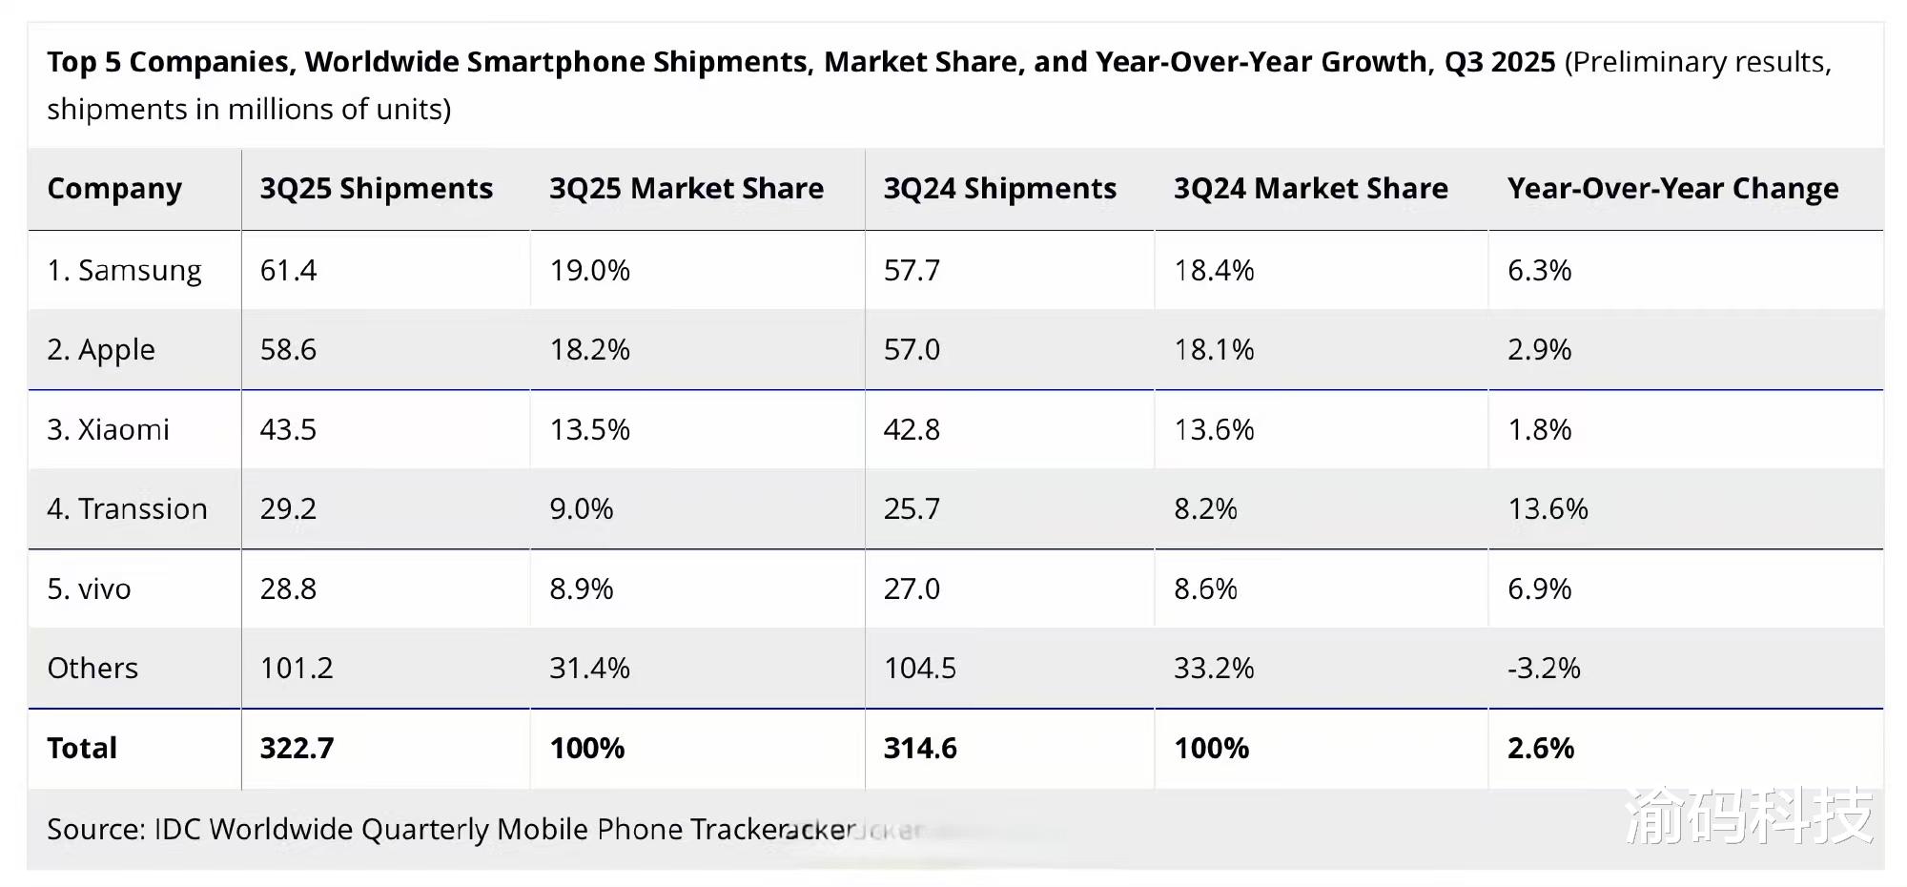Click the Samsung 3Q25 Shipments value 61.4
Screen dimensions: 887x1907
pyautogui.click(x=288, y=271)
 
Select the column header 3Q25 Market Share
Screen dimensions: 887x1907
pyautogui.click(x=686, y=189)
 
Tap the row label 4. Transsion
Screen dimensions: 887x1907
pyautogui.click(x=127, y=509)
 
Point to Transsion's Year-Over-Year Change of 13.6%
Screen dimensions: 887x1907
pyautogui.click(x=1547, y=509)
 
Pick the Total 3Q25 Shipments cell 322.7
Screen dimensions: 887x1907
pyautogui.click(x=297, y=748)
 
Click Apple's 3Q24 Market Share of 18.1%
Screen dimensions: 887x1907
pyautogui.click(x=1213, y=350)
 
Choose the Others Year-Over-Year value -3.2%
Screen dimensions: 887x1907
pyautogui.click(x=1543, y=668)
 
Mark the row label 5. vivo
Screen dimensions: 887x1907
pyautogui.click(x=89, y=589)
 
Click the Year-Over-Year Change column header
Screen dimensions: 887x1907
pyautogui.click(x=1672, y=189)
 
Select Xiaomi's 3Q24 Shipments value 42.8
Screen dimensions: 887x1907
pyautogui.click(x=911, y=430)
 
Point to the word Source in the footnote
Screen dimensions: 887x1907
pyautogui.click(x=94, y=829)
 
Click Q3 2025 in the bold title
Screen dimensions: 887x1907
pyautogui.click(x=1499, y=62)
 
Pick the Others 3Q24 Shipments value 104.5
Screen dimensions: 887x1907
pyautogui.click(x=919, y=668)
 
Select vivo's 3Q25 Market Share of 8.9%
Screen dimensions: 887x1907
pyautogui.click(x=581, y=589)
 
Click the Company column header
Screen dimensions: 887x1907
pyautogui.click(x=114, y=189)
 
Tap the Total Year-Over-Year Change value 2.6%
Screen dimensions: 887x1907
pyautogui.click(x=1540, y=748)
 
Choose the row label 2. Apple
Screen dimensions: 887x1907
pyautogui.click(x=100, y=350)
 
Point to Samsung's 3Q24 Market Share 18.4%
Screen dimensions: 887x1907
pyautogui.click(x=1213, y=271)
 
